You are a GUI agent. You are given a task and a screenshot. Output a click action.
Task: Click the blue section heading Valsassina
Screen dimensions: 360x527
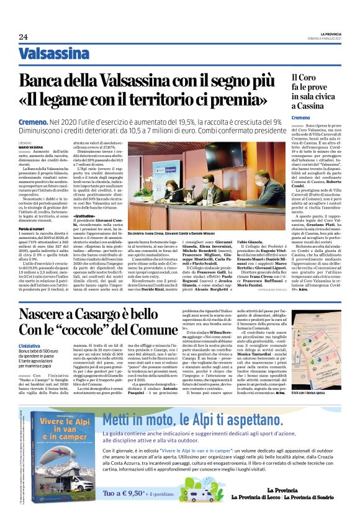tap(53, 54)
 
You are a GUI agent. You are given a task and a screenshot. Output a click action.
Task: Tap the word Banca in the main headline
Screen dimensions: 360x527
tap(59, 81)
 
